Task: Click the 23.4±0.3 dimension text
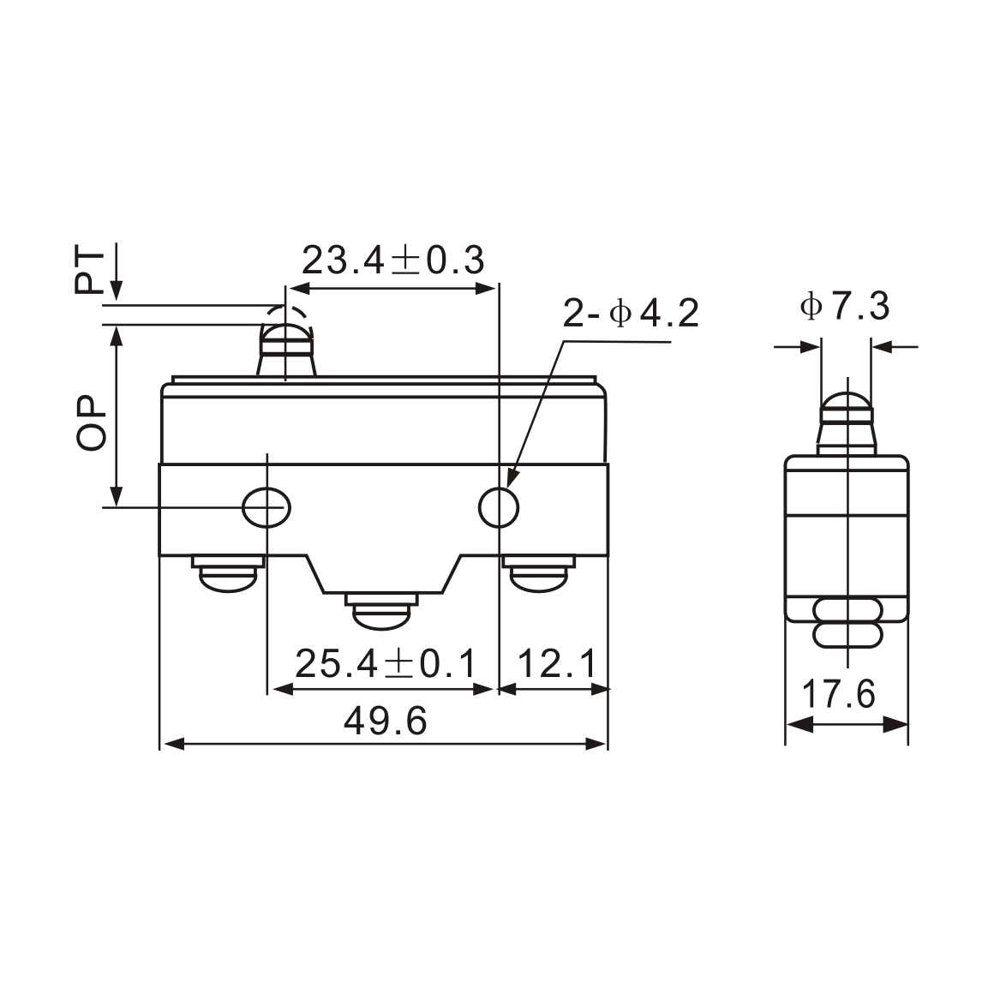coord(393,260)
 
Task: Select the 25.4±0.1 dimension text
coord(385,663)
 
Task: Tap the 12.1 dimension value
coord(557,663)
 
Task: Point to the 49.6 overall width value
coord(385,722)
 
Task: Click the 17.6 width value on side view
coord(838,694)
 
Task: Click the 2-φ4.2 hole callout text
coord(631,314)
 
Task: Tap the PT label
coord(89,272)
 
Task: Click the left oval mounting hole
coord(266,507)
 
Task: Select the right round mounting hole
coord(499,507)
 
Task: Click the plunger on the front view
coord(286,345)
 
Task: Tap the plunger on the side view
coord(847,420)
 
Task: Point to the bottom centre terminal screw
coord(383,611)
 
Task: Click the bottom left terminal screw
coord(228,573)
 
